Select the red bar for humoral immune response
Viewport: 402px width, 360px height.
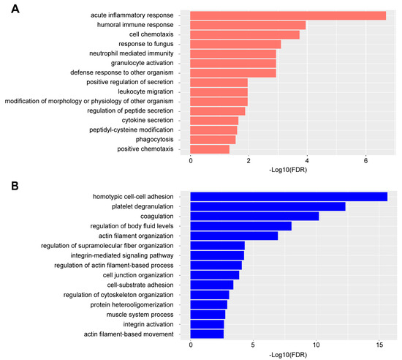(x=248, y=25)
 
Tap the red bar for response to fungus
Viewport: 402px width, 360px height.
(x=235, y=44)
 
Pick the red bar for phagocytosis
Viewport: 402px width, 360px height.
(x=213, y=139)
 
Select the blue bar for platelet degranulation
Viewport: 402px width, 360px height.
(x=268, y=206)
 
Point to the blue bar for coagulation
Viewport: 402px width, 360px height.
(x=254, y=216)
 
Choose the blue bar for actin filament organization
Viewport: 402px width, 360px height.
(x=234, y=236)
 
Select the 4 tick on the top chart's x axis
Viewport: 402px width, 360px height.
(x=307, y=161)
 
